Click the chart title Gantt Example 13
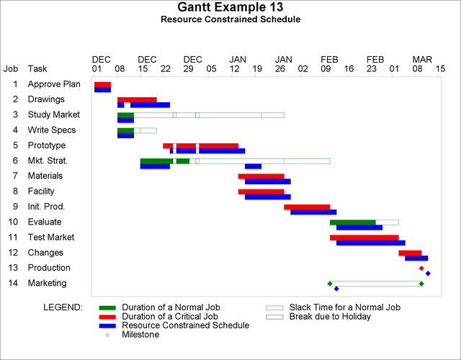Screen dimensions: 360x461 [230, 7]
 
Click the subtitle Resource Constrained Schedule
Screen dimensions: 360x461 [230, 19]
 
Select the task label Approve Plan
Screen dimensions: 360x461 [54, 84]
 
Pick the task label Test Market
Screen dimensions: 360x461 [51, 237]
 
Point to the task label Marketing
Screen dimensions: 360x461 [47, 283]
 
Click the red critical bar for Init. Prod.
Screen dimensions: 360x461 [307, 207]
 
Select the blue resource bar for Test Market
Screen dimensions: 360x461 [370, 243]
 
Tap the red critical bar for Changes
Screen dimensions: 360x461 [410, 253]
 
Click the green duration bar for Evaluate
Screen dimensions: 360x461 [352, 222]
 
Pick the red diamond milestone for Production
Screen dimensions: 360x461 [421, 268]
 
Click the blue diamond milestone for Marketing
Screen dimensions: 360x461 [336, 288]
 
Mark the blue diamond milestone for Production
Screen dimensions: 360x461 [428, 273]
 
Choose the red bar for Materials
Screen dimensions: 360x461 [261, 176]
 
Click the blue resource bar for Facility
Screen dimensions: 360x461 [267, 197]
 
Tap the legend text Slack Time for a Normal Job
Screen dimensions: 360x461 [344, 307]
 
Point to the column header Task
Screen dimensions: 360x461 [37, 69]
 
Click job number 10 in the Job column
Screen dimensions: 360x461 [14, 222]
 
